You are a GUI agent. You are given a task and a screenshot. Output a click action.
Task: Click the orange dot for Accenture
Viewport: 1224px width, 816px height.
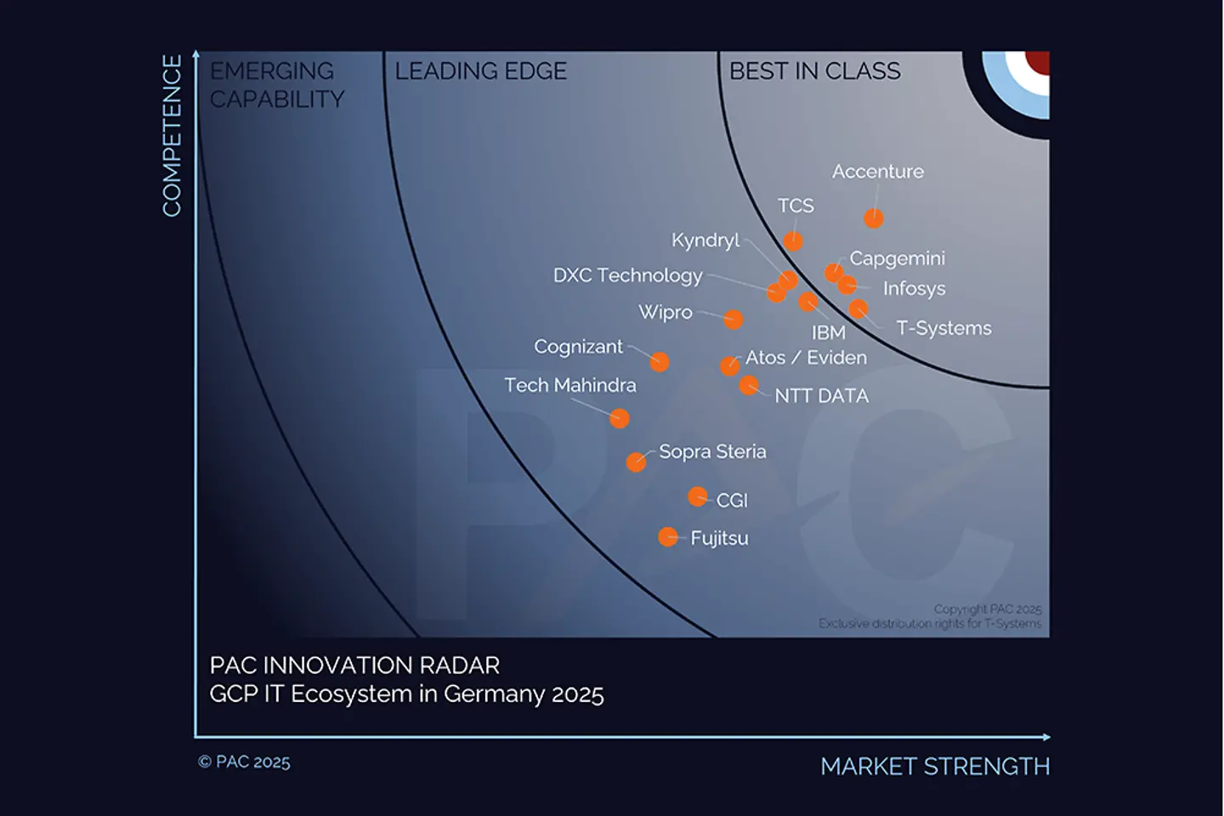click(x=873, y=218)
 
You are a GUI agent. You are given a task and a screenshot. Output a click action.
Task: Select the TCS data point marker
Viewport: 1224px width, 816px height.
click(x=793, y=241)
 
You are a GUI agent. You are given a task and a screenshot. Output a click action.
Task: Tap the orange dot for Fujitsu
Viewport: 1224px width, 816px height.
click(x=668, y=537)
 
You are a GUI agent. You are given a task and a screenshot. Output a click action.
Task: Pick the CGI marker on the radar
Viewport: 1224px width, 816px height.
click(x=697, y=496)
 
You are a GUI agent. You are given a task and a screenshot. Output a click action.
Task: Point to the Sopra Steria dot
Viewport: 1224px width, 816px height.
click(x=636, y=462)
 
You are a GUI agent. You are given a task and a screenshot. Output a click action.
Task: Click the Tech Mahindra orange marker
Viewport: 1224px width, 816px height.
click(x=620, y=418)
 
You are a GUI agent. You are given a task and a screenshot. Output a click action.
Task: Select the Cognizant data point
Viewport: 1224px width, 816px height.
click(x=660, y=362)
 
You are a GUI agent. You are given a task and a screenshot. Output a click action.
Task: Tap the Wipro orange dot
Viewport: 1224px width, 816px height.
click(x=734, y=320)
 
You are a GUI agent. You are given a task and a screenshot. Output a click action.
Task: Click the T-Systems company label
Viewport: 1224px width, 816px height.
click(x=943, y=328)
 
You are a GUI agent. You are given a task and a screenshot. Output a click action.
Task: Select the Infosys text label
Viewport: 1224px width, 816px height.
click(x=914, y=289)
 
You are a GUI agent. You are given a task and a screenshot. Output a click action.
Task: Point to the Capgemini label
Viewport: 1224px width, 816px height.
click(x=897, y=258)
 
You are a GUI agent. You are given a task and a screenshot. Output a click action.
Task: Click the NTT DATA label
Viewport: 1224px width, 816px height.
click(x=821, y=396)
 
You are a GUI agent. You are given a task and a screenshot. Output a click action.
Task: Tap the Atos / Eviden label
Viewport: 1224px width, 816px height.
click(x=806, y=358)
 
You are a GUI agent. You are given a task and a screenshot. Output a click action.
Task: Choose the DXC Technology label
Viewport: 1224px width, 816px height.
click(x=627, y=275)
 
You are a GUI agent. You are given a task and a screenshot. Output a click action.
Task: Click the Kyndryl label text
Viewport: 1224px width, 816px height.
click(x=705, y=241)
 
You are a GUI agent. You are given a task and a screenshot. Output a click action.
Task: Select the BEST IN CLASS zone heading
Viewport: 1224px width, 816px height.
click(x=814, y=71)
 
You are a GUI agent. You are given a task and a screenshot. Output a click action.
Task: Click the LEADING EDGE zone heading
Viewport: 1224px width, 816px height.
click(x=480, y=71)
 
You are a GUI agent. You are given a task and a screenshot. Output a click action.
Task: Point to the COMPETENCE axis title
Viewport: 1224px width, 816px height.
click(x=173, y=136)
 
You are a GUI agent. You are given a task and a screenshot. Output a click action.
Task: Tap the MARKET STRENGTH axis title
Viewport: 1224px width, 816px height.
click(x=935, y=767)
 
